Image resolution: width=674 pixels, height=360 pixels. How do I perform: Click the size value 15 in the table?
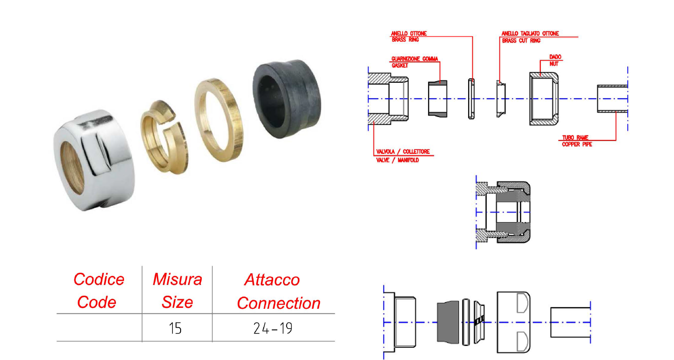175,328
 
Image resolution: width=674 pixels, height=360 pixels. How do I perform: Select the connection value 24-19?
273,328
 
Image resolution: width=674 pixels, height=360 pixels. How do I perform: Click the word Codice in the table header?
99,280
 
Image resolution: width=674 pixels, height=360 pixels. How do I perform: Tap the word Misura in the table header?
177,280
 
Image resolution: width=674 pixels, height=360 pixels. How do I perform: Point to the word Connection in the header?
279,303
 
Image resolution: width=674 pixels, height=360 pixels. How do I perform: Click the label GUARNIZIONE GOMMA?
414,59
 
